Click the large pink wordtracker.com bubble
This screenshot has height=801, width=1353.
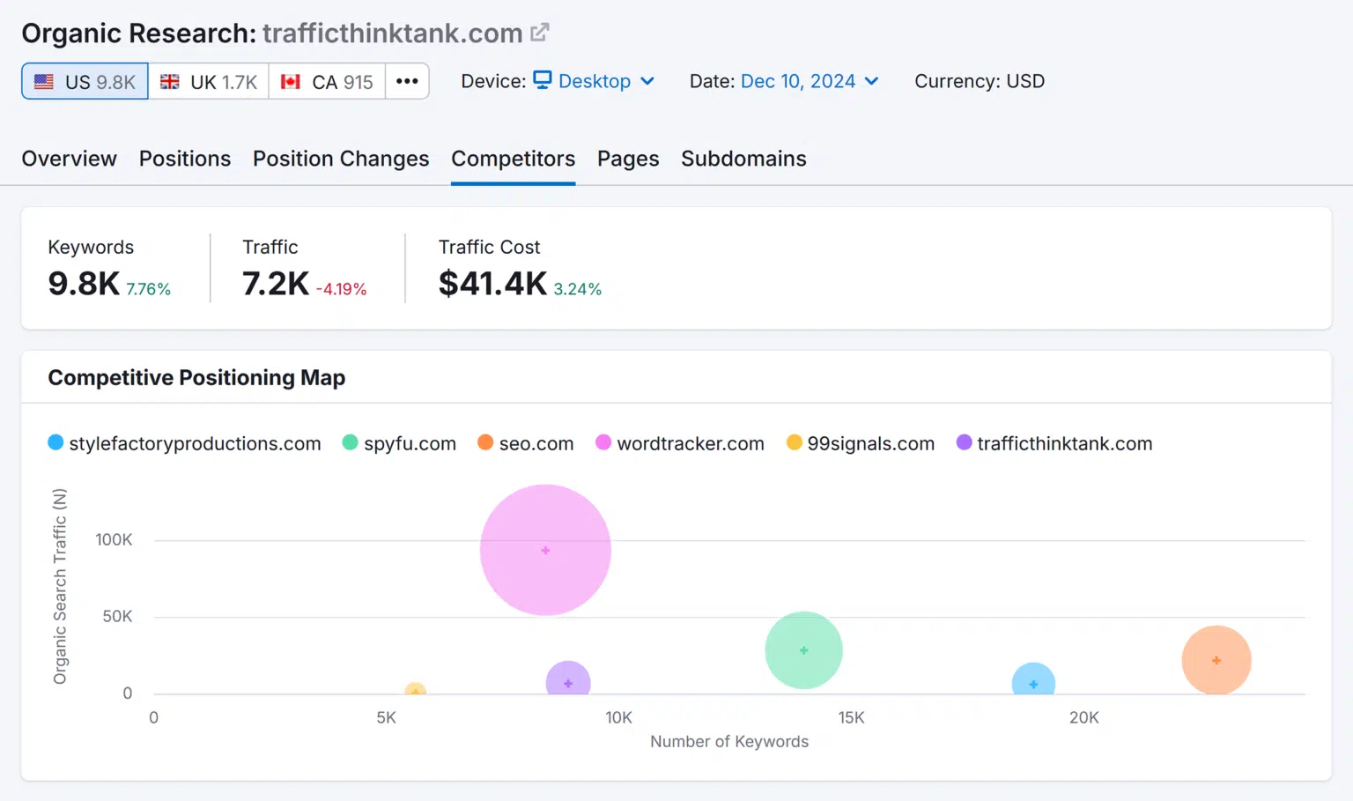[545, 550]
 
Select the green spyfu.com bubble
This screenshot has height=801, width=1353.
[803, 650]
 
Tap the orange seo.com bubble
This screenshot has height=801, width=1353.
[1216, 660]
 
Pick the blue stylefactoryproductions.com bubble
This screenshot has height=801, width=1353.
[1033, 680]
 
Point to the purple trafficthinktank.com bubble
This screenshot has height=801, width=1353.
[568, 680]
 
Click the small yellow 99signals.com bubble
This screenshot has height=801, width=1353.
[415, 690]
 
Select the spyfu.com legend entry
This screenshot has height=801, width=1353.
[399, 443]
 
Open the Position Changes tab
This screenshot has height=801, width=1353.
[341, 159]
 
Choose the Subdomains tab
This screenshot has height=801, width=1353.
[743, 159]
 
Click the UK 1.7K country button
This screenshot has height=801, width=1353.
[209, 82]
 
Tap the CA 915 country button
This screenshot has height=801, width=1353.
[327, 82]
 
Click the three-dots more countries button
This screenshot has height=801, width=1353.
[407, 81]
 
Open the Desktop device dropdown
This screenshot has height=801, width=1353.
[595, 81]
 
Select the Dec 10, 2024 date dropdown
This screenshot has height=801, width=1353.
[809, 81]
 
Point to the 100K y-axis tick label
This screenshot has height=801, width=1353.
[114, 539]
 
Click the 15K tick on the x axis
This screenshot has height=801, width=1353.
[851, 717]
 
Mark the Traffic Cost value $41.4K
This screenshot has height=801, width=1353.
[492, 284]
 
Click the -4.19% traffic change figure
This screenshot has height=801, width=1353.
[341, 289]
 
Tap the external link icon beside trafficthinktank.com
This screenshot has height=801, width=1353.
[540, 33]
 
